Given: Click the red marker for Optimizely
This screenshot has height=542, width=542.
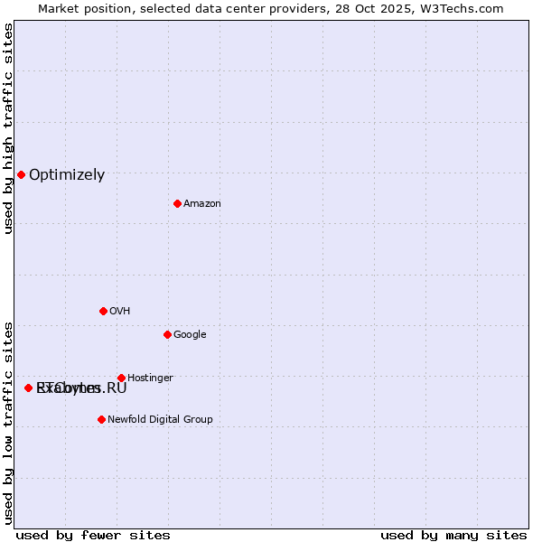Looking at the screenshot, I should [x=21, y=174].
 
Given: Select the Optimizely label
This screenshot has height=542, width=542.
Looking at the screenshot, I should [x=67, y=175].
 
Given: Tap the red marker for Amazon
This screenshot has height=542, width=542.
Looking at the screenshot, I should [x=177, y=203].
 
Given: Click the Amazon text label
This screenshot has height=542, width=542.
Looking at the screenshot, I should [x=202, y=204].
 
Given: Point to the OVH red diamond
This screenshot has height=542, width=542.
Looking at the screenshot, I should [x=103, y=311].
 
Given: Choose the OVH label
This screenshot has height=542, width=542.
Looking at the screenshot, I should [x=120, y=312].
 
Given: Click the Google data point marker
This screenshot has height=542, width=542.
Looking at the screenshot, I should [x=167, y=334].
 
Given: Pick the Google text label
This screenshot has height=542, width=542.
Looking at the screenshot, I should [x=190, y=335].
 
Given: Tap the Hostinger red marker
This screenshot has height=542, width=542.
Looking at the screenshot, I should [x=121, y=378].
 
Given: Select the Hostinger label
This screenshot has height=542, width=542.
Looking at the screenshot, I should [x=150, y=378].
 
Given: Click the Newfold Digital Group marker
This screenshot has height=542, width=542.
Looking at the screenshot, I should [x=101, y=419].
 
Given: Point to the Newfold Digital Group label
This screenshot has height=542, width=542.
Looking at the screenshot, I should [x=160, y=420].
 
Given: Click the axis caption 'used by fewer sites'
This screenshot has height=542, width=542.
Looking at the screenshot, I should [x=93, y=535].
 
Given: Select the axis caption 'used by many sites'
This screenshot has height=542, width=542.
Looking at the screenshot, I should [x=453, y=535].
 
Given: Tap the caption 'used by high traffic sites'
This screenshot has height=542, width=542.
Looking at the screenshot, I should [x=8, y=128].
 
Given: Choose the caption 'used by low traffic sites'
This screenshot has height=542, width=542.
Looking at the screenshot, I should [x=8, y=423].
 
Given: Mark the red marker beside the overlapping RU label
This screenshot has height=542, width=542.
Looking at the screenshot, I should [x=28, y=388].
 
